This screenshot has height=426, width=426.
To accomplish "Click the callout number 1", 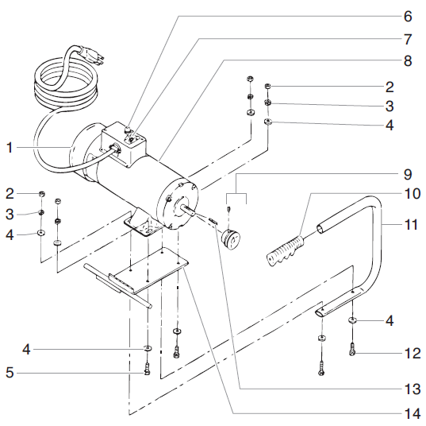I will [x=10, y=147].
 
